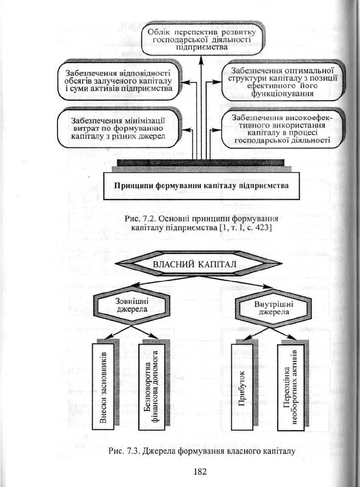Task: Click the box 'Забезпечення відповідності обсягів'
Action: (x=119, y=81)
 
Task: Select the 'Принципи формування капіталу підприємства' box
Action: (x=201, y=186)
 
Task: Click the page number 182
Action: (x=200, y=471)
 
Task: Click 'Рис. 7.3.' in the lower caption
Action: (x=122, y=451)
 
